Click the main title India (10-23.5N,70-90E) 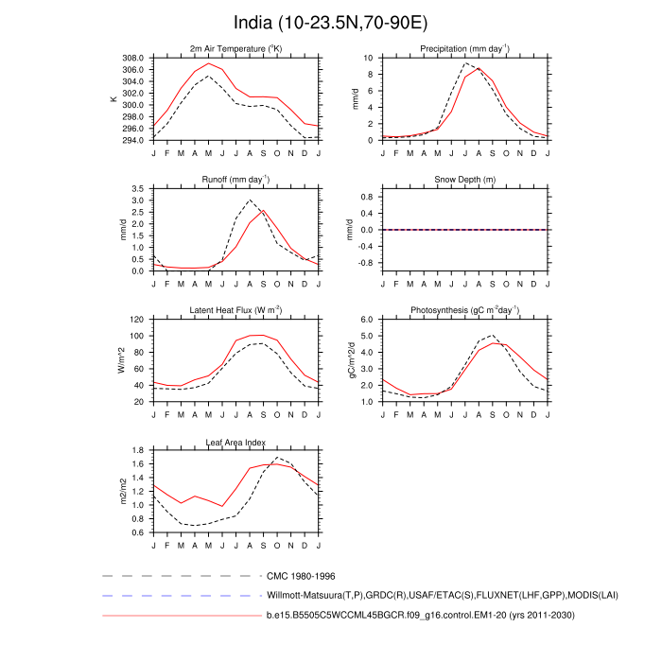tap(331, 22)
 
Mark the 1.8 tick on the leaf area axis tap(138, 451)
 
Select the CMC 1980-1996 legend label tap(302, 575)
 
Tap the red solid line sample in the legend tap(180, 616)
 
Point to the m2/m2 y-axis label tap(122, 492)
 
